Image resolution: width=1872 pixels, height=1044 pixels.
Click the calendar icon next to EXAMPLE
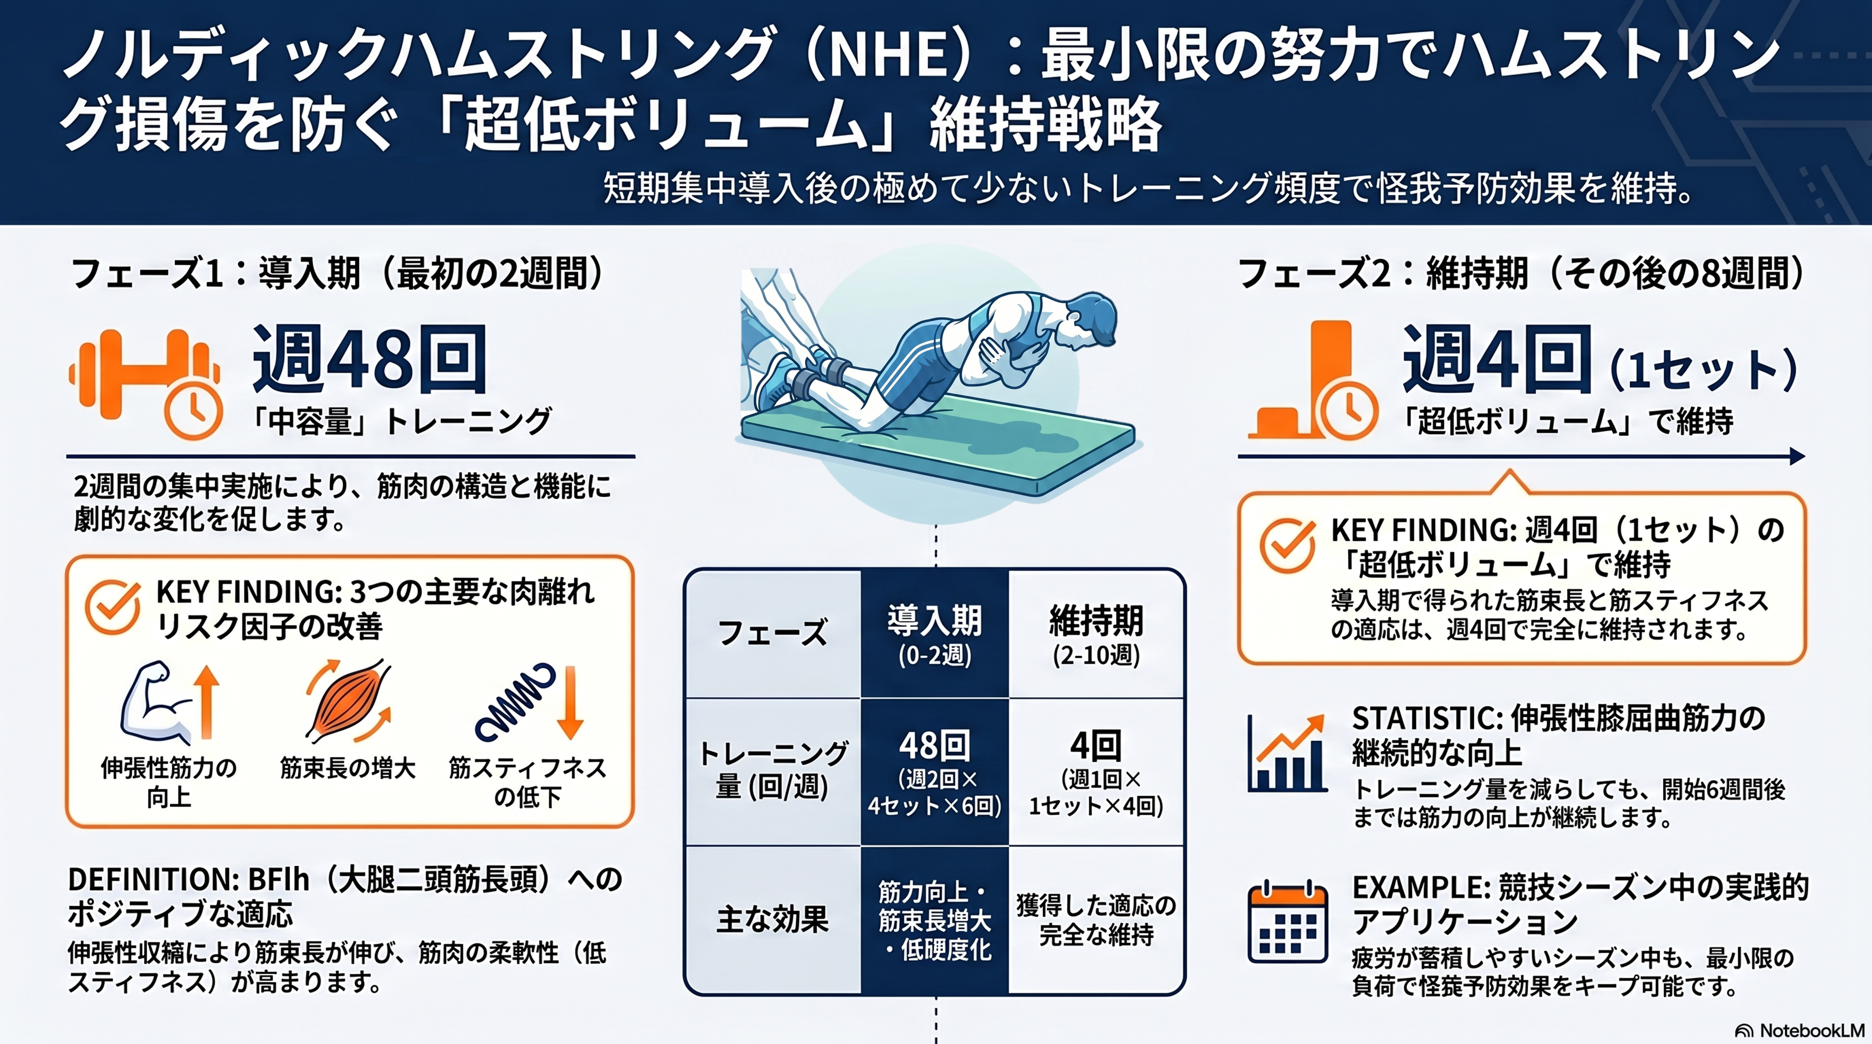1287,923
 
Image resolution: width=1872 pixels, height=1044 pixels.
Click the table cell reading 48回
935,772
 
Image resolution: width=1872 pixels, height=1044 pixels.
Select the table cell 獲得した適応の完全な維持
1096,920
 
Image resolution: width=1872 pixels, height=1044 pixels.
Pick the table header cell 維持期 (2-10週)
1096,634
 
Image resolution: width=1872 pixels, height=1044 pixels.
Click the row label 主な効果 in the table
773,920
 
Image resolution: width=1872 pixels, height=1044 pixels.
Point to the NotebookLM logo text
1802,1031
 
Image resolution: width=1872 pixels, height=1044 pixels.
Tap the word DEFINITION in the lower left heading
153,880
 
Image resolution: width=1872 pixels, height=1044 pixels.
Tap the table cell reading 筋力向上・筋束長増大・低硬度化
935,920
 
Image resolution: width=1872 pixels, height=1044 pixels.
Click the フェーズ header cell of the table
773,634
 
